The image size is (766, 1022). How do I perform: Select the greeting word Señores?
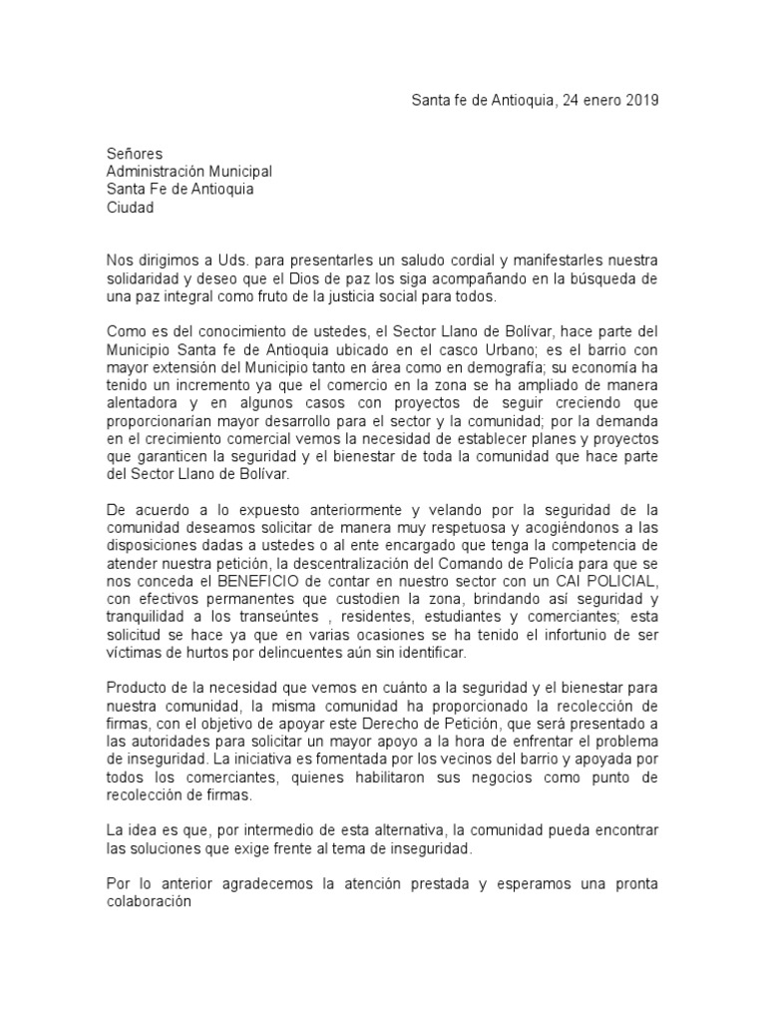(x=134, y=154)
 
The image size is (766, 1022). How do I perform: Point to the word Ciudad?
(x=131, y=208)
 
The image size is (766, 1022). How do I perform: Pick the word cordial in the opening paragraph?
(x=449, y=260)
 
